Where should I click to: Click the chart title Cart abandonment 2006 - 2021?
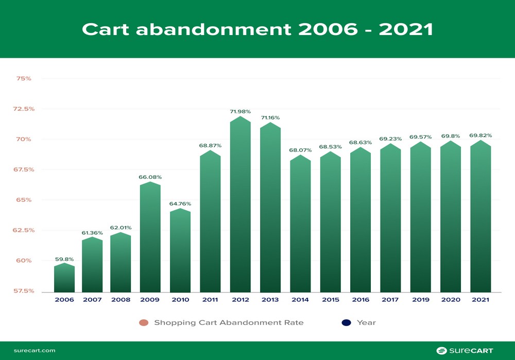[257, 29]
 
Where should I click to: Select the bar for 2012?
[240, 206]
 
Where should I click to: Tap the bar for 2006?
[64, 279]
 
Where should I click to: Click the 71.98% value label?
[240, 111]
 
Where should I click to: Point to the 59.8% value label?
[64, 259]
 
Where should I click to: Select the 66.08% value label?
[150, 177]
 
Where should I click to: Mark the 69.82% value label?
[480, 135]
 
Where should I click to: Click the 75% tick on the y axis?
[24, 79]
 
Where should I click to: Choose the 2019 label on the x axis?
[420, 300]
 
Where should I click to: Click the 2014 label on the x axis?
[300, 300]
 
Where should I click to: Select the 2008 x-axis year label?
[120, 300]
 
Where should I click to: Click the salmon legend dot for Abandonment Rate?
[144, 323]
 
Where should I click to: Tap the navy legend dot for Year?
[346, 323]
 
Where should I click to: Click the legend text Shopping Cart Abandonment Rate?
[229, 323]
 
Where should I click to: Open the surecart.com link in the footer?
[35, 351]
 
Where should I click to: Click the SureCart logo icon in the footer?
[441, 351]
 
